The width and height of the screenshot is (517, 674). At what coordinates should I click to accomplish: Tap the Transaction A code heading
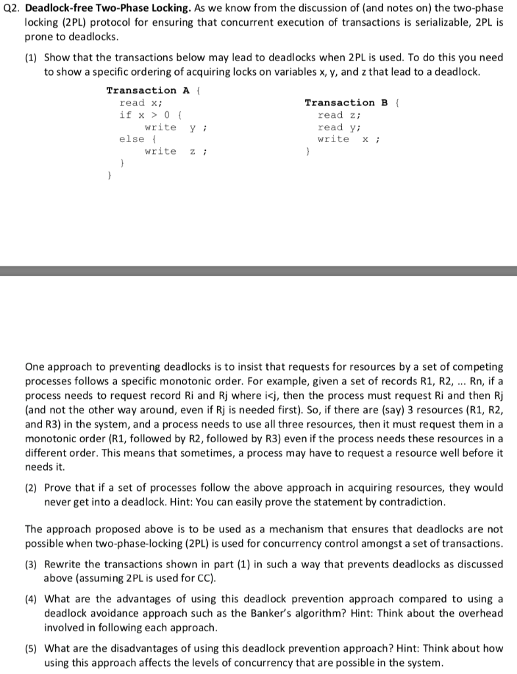click(141, 90)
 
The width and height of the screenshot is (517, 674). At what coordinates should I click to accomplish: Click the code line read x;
click(140, 103)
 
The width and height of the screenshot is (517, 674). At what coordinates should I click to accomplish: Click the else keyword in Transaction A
click(132, 139)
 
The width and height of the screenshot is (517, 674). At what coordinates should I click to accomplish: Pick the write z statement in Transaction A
click(169, 151)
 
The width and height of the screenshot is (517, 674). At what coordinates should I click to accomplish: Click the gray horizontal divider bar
click(258, 271)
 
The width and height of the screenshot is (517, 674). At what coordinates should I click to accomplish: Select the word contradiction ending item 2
click(415, 502)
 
